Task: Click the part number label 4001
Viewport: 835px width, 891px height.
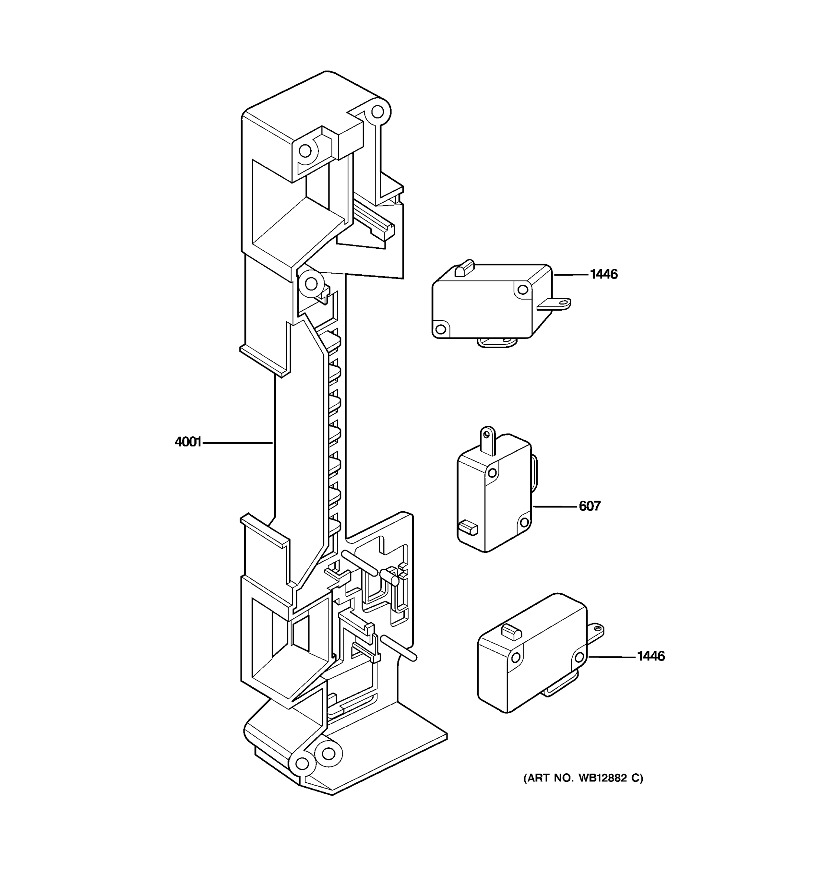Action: pyautogui.click(x=188, y=443)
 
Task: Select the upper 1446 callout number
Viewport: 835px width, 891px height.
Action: pyautogui.click(x=603, y=274)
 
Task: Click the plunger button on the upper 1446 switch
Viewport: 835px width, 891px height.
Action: pyautogui.click(x=464, y=268)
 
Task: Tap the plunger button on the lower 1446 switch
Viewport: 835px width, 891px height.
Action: pyautogui.click(x=511, y=632)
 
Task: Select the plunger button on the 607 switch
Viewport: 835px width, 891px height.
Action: pyautogui.click(x=468, y=528)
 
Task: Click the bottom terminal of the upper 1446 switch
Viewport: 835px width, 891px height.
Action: pyautogui.click(x=497, y=342)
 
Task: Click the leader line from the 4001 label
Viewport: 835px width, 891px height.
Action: pyautogui.click(x=238, y=443)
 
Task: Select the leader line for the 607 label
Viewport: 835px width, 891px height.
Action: pyautogui.click(x=554, y=506)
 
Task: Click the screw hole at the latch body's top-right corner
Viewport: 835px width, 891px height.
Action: pyautogui.click(x=377, y=111)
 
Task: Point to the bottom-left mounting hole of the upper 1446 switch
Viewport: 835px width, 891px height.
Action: pyautogui.click(x=441, y=329)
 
